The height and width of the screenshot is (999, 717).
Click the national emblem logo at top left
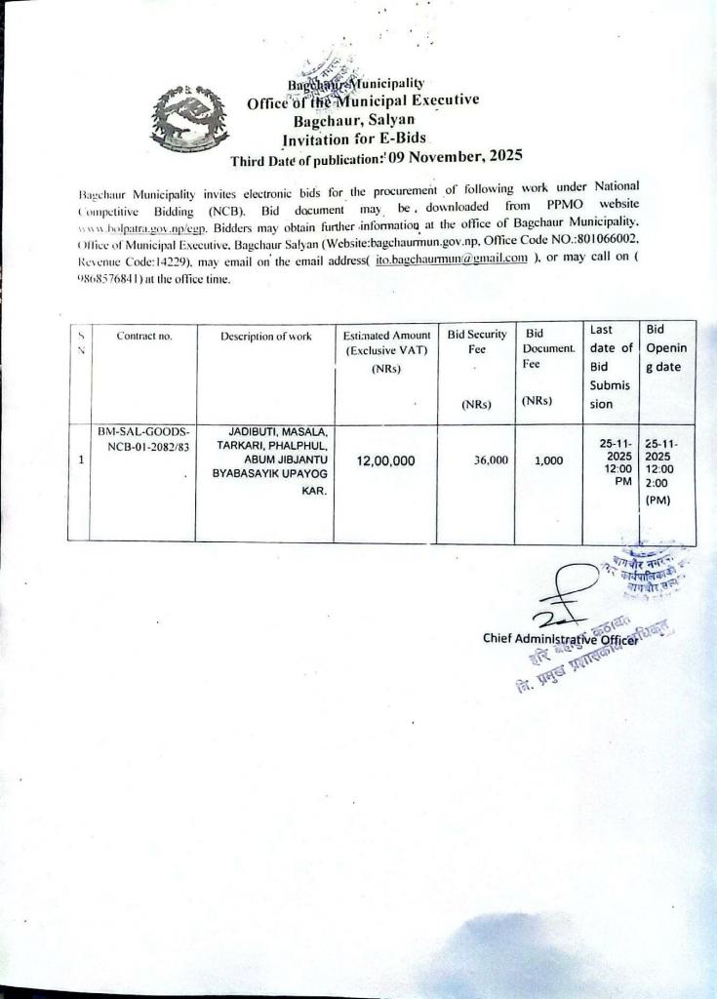[x=185, y=116]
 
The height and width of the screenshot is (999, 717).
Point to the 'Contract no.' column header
[x=143, y=337]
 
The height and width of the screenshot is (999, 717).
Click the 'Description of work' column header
[x=265, y=337]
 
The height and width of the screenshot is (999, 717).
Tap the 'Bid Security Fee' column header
[x=477, y=341]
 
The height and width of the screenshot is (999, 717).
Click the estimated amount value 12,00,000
[x=386, y=460]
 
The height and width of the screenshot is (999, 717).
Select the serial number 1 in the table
[x=77, y=460]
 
